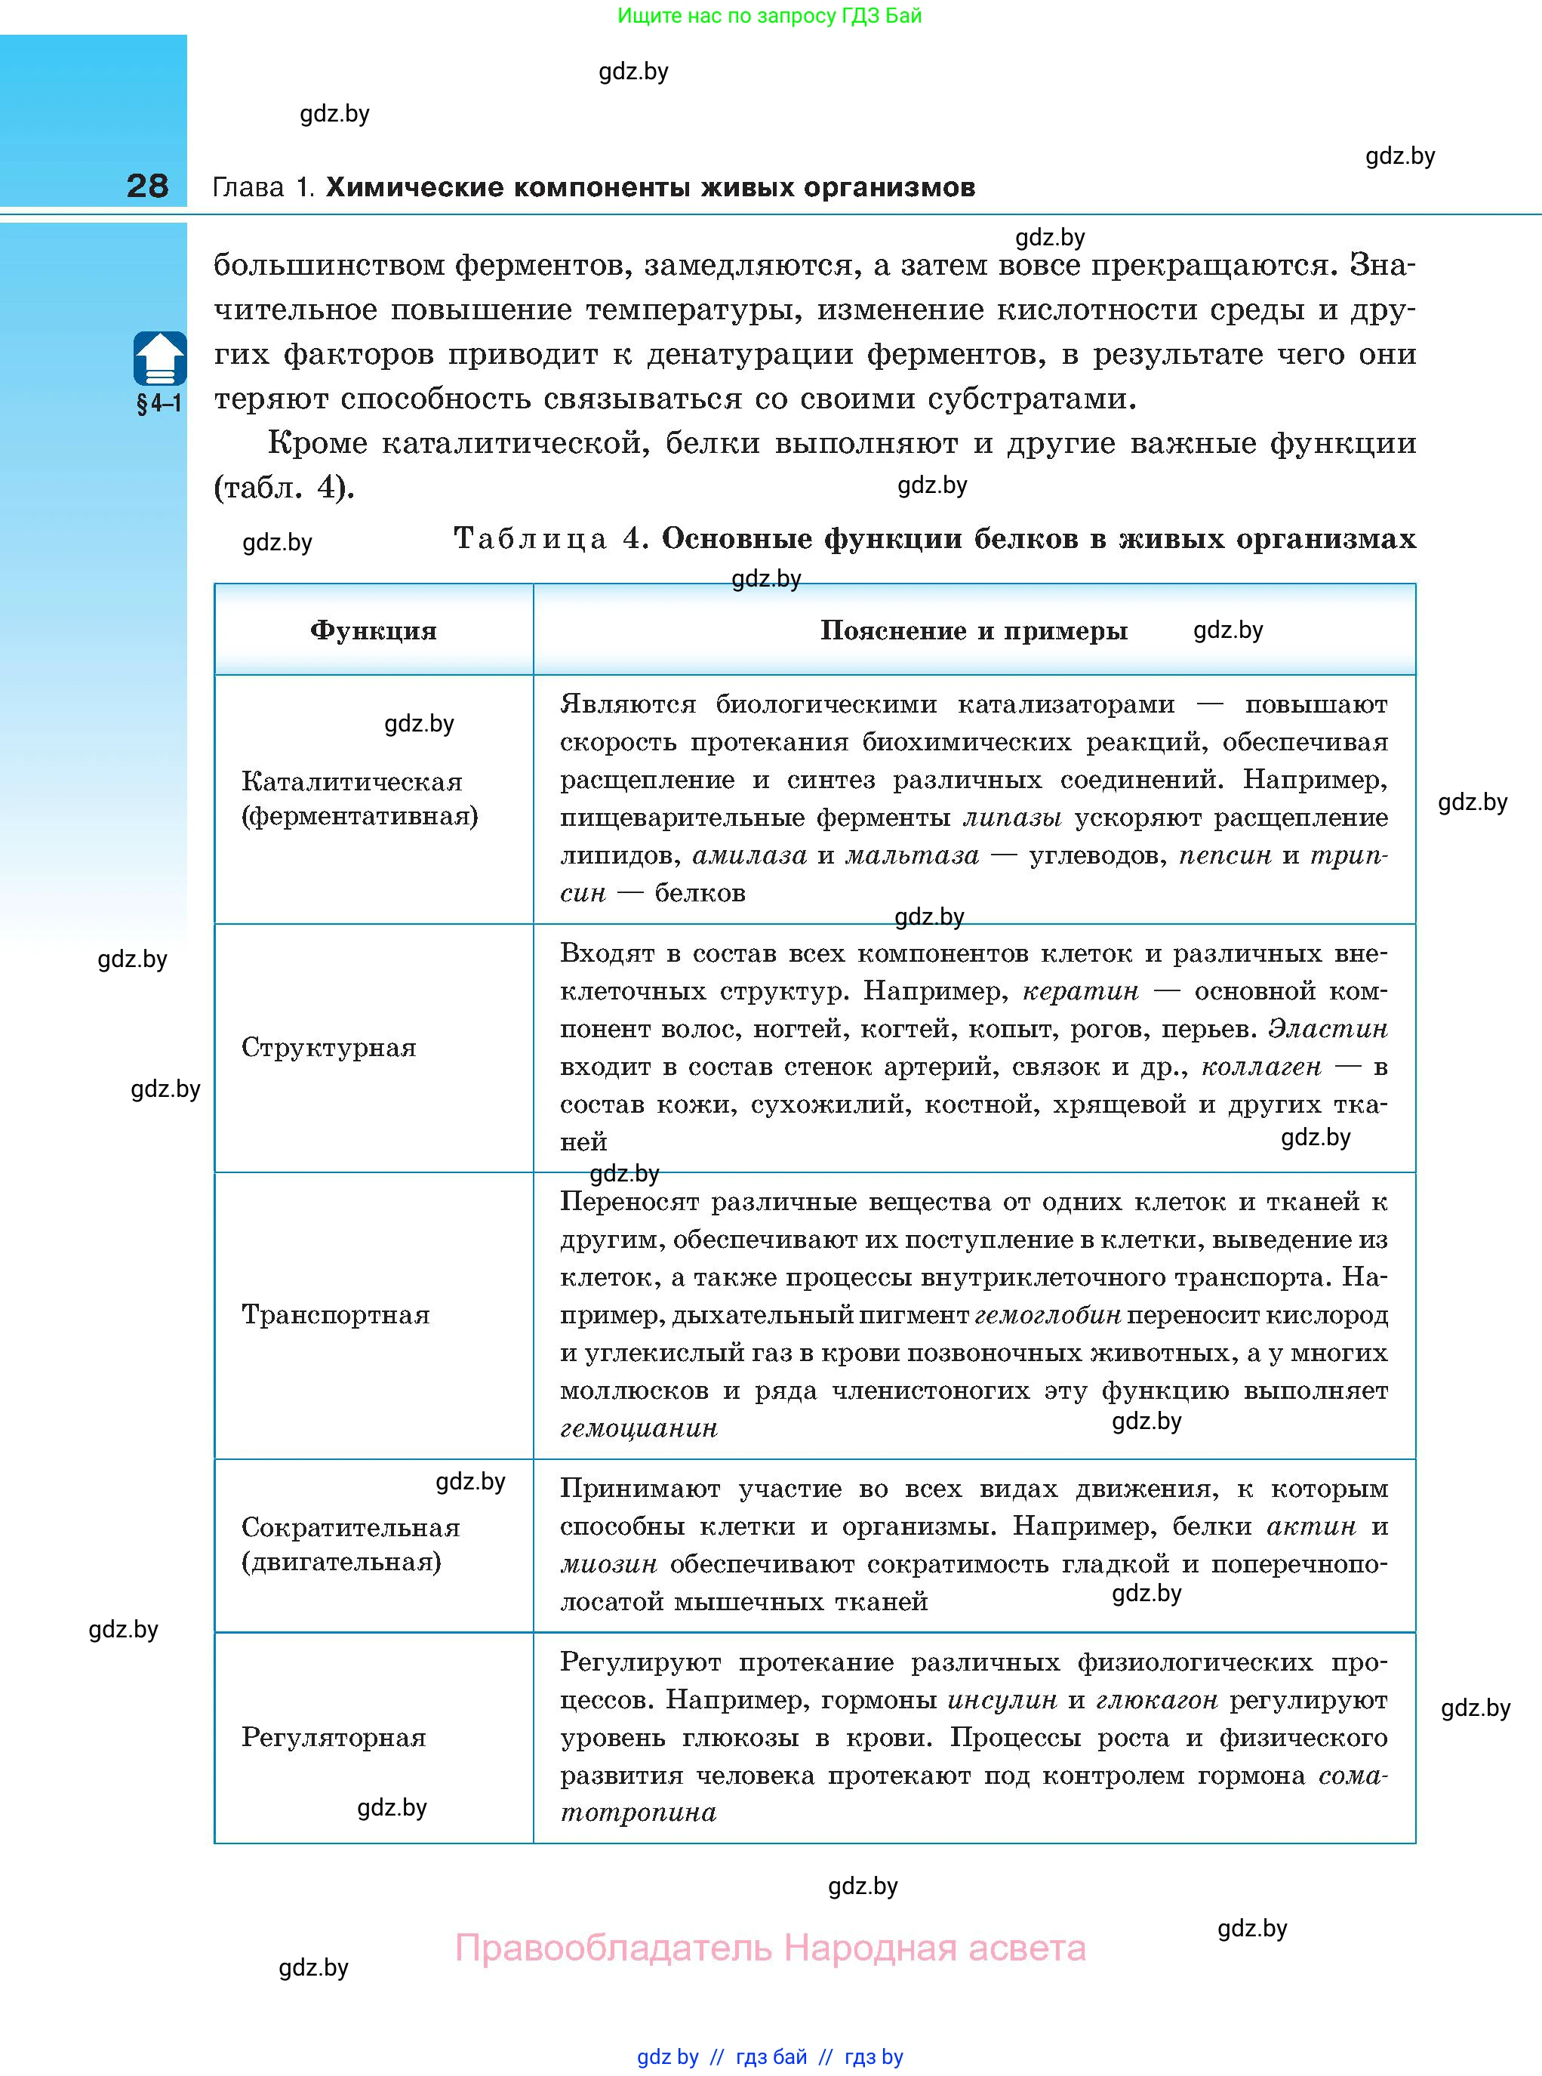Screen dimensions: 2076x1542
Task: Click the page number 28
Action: [x=147, y=186]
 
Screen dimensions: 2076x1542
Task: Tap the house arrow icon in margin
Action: [x=159, y=359]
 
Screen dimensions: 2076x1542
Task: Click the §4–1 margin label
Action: [x=159, y=404]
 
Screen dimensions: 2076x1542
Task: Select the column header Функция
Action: [x=374, y=631]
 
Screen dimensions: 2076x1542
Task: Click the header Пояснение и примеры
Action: [x=974, y=631]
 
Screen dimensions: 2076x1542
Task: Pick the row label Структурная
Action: [x=328, y=1047]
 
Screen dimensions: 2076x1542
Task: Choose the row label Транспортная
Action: [x=336, y=1314]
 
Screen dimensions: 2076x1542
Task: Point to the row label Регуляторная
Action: [x=333, y=1737]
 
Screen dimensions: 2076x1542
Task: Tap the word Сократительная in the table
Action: [x=351, y=1527]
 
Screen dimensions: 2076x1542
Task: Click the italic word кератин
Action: [x=1081, y=990]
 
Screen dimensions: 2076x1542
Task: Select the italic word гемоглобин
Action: [x=1048, y=1315]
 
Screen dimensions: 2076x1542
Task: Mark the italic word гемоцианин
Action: [x=639, y=1428]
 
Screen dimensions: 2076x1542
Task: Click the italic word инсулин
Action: [x=1002, y=1700]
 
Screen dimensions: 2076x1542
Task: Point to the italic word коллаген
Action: [x=1260, y=1066]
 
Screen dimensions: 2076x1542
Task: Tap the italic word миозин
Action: [x=608, y=1563]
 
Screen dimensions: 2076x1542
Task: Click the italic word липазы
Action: [x=1012, y=818]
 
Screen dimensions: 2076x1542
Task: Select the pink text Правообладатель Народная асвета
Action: [x=770, y=1948]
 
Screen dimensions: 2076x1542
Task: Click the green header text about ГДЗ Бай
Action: [x=769, y=16]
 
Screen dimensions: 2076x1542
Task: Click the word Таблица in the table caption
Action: [x=530, y=538]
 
